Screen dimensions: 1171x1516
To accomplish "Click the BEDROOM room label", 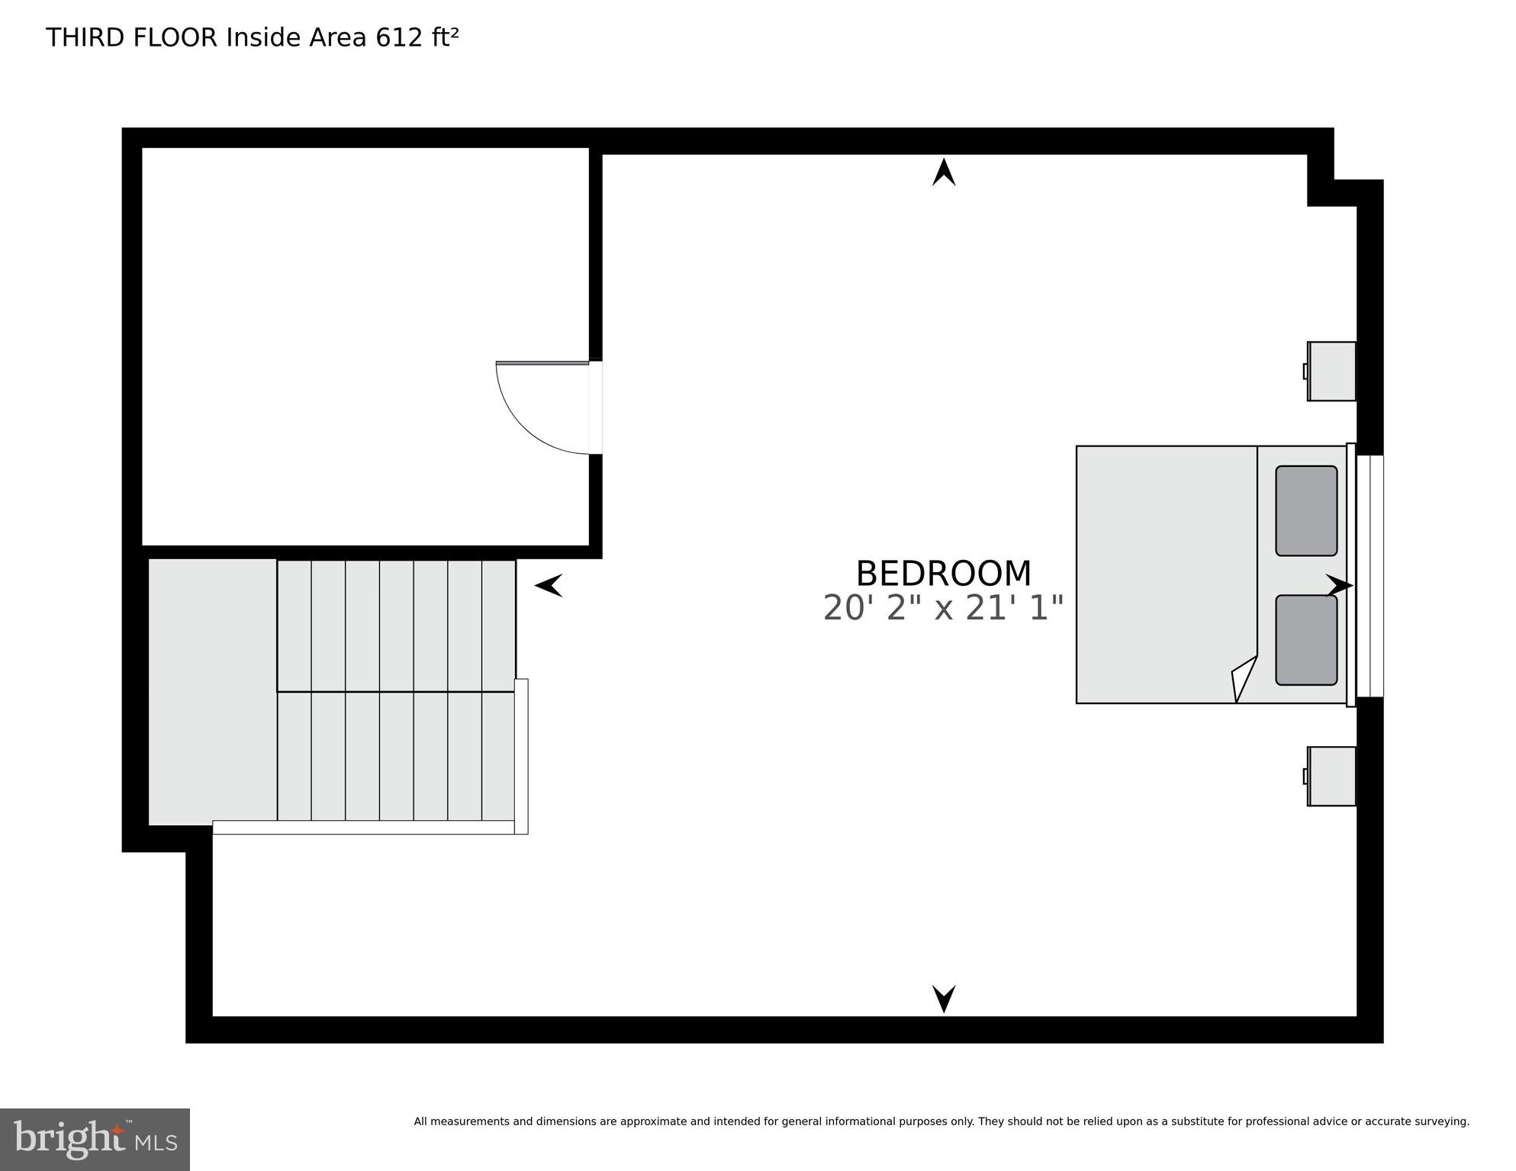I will coord(943,574).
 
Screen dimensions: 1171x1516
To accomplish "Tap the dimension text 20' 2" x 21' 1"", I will coord(943,609).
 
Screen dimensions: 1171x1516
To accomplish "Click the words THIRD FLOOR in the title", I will coord(131,37).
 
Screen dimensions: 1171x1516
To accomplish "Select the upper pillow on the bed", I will coord(1305,510).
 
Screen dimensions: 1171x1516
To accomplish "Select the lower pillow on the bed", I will coord(1305,640).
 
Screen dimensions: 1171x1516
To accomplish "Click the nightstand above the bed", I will coord(1331,372).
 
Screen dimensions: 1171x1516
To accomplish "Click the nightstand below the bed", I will coord(1331,776).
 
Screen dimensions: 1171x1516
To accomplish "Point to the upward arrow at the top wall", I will coord(944,172).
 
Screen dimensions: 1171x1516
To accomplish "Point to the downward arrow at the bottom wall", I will coord(944,999).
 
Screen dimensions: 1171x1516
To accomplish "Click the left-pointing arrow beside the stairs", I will coord(549,585).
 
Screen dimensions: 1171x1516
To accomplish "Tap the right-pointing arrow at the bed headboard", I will coord(1339,586).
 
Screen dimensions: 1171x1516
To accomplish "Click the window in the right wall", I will coord(1370,576).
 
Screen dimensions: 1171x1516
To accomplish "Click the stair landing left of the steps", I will coord(212,691).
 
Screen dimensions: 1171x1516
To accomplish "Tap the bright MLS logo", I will coord(95,1140).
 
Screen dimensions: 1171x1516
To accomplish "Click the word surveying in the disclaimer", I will coord(1442,1121).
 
